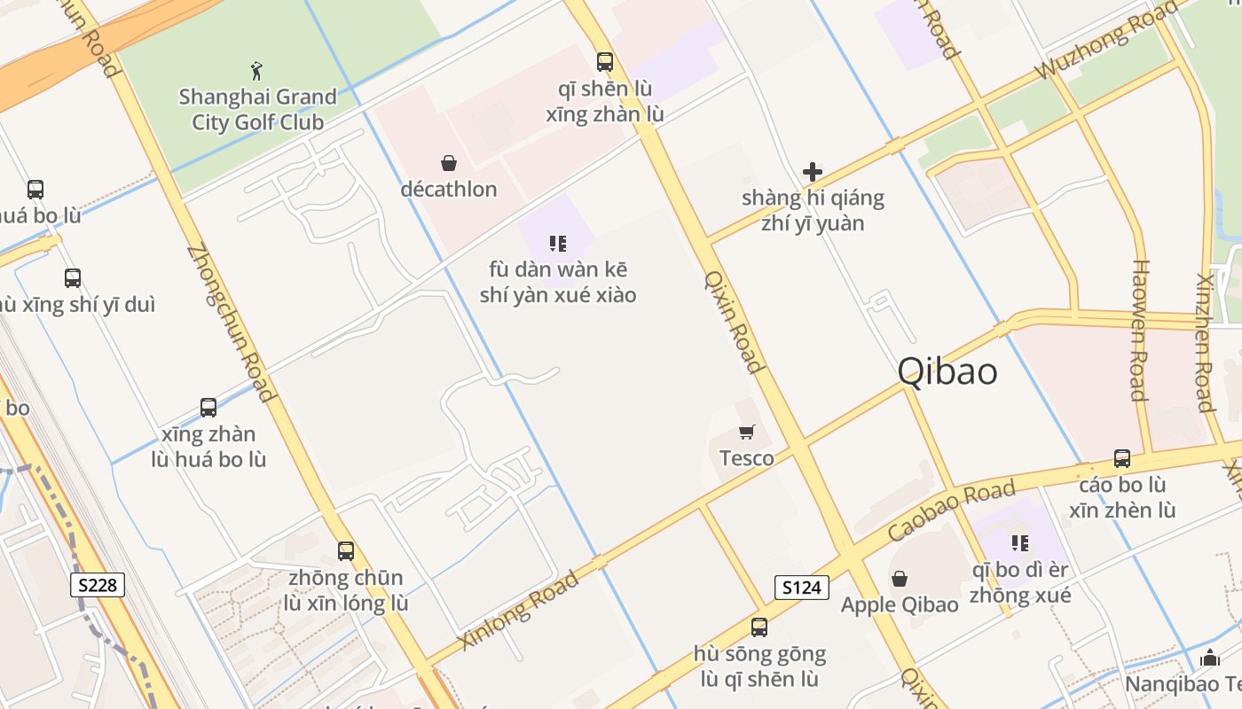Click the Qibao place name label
pyautogui.click(x=947, y=371)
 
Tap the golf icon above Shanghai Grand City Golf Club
pyautogui.click(x=256, y=70)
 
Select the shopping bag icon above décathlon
pyautogui.click(x=449, y=163)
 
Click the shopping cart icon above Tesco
pyautogui.click(x=747, y=432)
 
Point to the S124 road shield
pyautogui.click(x=801, y=587)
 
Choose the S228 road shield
pyautogui.click(x=98, y=585)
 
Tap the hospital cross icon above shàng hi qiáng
pyautogui.click(x=812, y=172)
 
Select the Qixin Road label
pyautogui.click(x=734, y=321)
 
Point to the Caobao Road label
pyautogui.click(x=951, y=511)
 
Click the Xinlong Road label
pyautogui.click(x=519, y=609)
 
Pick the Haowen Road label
pyautogui.click(x=1140, y=330)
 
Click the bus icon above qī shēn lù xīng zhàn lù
pyautogui.click(x=605, y=62)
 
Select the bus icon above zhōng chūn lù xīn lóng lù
pyautogui.click(x=346, y=551)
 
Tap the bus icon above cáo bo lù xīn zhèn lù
pyautogui.click(x=1122, y=459)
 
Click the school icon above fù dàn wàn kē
pyautogui.click(x=558, y=244)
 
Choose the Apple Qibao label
pyautogui.click(x=900, y=604)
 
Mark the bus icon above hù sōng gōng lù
pyautogui.click(x=759, y=627)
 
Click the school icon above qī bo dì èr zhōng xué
pyautogui.click(x=1020, y=542)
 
